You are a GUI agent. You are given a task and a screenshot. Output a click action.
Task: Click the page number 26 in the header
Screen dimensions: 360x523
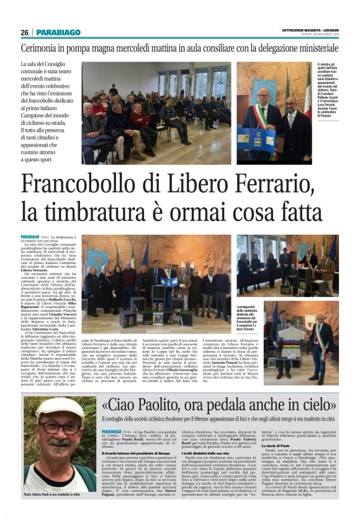coord(24,32)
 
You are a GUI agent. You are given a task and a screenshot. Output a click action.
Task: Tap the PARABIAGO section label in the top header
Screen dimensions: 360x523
coord(58,32)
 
